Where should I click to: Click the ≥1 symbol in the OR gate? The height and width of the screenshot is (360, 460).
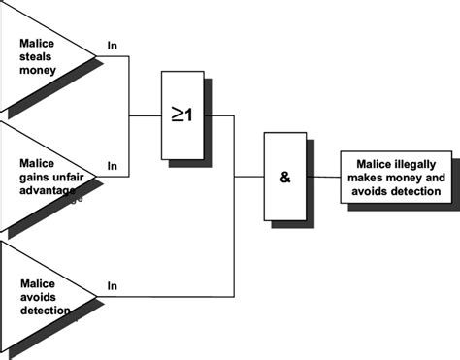(182, 115)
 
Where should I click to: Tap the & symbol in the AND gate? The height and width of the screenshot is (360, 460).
(284, 178)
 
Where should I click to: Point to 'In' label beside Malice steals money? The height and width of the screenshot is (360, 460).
(112, 46)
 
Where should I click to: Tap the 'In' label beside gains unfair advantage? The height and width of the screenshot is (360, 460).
(112, 167)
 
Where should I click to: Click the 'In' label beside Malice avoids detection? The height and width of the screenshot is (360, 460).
(112, 285)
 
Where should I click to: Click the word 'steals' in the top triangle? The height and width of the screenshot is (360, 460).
(38, 55)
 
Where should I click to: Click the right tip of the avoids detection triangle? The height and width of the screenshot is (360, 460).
(96, 295)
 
